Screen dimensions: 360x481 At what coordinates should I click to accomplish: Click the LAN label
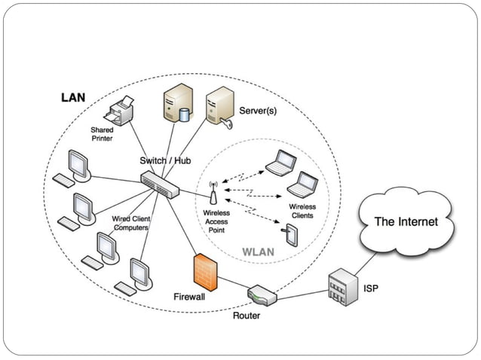click(74, 99)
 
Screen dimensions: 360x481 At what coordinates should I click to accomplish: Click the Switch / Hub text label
click(164, 161)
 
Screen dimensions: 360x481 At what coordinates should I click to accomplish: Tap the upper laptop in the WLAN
click(282, 162)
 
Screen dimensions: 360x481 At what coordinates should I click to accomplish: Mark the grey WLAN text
click(259, 252)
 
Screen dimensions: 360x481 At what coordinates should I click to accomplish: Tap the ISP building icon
click(340, 286)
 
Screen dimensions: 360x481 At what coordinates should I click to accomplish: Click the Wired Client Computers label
click(131, 223)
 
